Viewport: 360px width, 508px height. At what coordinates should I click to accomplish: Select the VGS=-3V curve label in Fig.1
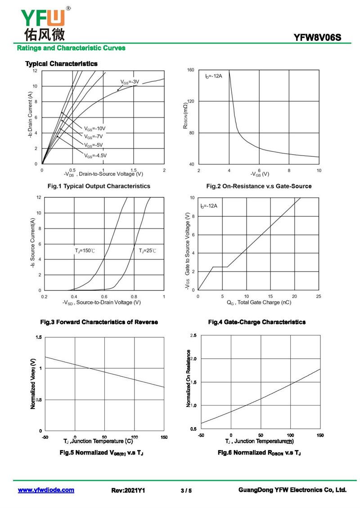[130, 82]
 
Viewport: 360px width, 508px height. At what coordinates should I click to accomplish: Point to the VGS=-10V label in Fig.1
[95, 129]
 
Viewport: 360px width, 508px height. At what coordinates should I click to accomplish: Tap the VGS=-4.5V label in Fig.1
[95, 156]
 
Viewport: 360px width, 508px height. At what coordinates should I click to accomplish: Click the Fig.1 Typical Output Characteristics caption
[99, 186]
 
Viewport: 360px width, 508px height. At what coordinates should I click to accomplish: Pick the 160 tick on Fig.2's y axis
[190, 70]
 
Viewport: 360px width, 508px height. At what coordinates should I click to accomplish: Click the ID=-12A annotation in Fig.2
[213, 76]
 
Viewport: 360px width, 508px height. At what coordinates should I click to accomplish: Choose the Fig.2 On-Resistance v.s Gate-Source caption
[259, 186]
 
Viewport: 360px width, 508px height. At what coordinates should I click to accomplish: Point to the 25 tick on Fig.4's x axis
[318, 297]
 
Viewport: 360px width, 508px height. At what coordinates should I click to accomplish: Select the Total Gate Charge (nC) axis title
[258, 303]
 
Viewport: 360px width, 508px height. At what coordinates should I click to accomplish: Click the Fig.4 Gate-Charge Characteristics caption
[256, 322]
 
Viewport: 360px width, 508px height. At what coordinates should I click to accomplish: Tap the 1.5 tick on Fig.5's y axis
[39, 337]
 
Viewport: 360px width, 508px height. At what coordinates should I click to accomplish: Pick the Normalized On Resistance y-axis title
[189, 379]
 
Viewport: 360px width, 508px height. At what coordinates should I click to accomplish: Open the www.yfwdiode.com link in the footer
[46, 490]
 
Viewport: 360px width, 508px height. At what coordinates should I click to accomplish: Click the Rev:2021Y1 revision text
[128, 490]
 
